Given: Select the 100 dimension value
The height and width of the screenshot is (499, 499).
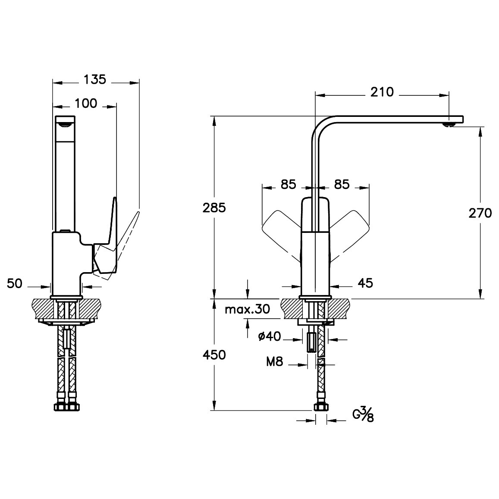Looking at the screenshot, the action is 85,104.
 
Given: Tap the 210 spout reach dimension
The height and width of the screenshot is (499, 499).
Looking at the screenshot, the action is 382,92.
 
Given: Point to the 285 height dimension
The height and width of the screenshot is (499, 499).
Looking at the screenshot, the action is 214,207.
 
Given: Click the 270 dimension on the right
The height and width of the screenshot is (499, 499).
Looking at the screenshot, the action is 480,213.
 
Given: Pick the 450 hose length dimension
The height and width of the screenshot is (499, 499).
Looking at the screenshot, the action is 214,355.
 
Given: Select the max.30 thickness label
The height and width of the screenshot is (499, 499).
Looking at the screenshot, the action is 247,309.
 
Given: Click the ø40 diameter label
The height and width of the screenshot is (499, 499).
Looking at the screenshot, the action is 270,336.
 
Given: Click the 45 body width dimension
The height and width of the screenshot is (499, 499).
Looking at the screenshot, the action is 365,282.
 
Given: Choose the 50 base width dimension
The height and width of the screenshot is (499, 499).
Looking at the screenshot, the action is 15,283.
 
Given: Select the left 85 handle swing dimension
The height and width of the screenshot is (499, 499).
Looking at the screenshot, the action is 289,184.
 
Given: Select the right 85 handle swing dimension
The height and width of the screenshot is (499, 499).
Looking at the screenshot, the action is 342,184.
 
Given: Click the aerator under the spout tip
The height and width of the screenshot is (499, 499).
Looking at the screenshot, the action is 449,125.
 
